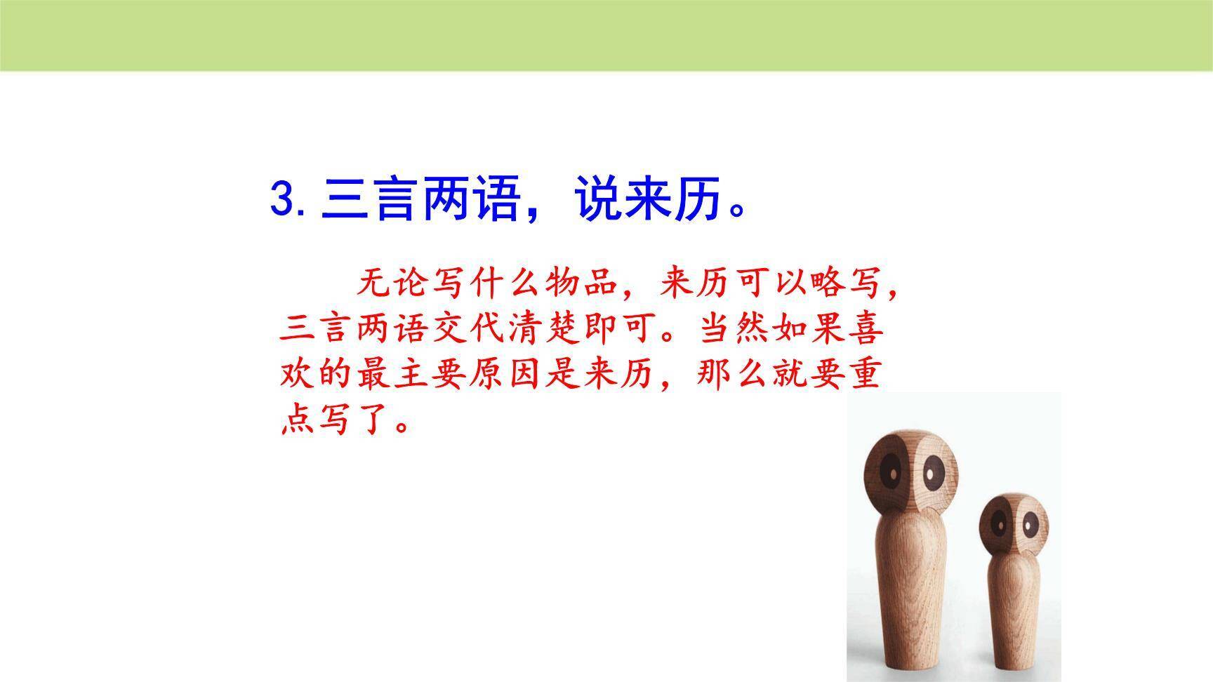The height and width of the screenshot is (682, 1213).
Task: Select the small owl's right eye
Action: click(x=1029, y=523)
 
